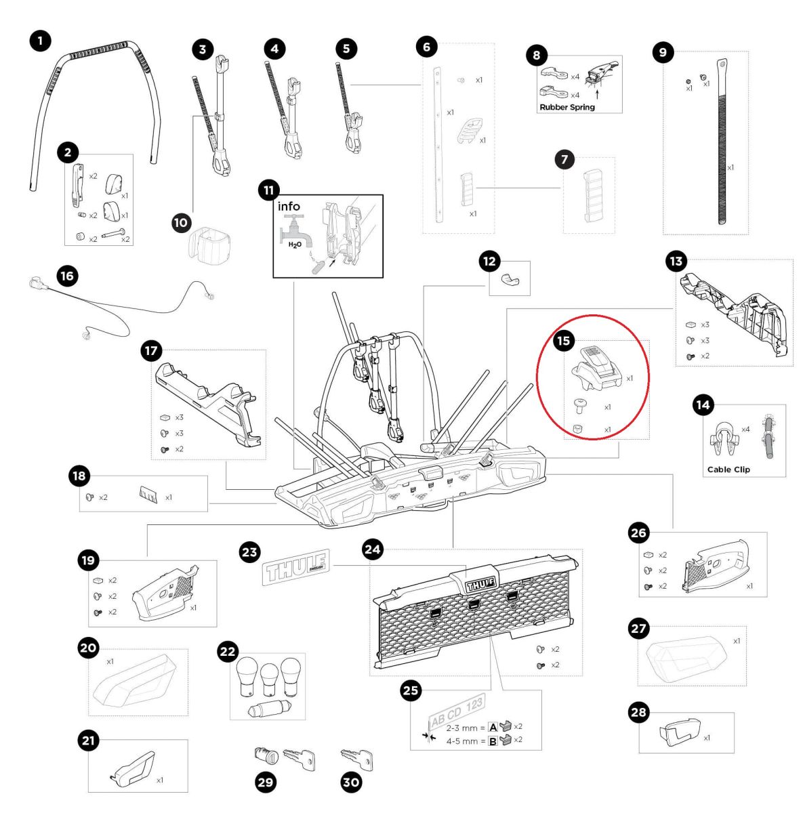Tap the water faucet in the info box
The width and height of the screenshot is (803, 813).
pos(296,228)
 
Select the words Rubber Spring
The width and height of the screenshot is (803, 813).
pos(567,107)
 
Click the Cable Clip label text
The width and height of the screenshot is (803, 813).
pos(728,470)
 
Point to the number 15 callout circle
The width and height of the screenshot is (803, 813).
pos(563,341)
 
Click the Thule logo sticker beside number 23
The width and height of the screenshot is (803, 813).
pos(295,566)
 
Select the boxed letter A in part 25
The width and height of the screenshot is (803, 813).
pos(493,727)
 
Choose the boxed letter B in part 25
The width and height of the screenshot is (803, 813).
pos(493,741)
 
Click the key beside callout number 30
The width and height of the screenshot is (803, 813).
pos(356,759)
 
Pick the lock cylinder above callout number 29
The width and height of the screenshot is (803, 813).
pos(262,753)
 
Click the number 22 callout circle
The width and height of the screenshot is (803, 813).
pos(227,652)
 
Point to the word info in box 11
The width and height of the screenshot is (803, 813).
pos(289,206)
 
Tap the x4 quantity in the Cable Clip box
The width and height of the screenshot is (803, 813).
pos(745,429)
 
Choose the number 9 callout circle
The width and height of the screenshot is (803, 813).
pos(662,54)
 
